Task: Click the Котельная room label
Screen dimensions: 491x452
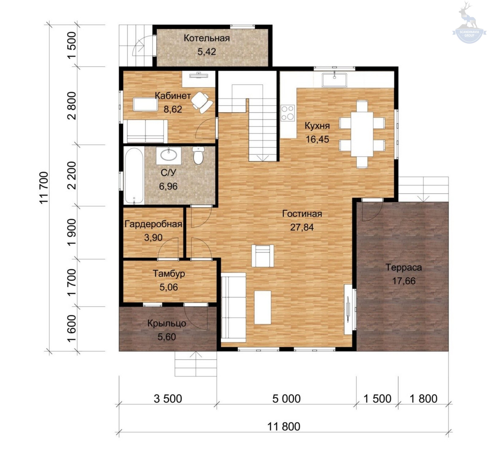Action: click(207, 38)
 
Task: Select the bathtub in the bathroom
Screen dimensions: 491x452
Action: click(134, 176)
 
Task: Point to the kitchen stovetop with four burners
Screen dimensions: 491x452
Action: click(288, 113)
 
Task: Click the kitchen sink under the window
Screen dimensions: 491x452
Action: click(334, 80)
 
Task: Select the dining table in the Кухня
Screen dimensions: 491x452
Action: click(362, 134)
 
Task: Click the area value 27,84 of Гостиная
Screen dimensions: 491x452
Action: click(302, 227)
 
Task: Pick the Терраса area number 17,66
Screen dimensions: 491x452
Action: click(404, 281)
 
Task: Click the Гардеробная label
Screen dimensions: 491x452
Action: click(153, 224)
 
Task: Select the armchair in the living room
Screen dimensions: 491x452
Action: click(263, 256)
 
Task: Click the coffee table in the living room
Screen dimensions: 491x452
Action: click(263, 307)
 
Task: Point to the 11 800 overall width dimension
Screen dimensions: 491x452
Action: click(284, 427)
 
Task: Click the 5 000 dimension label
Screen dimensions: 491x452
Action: click(286, 399)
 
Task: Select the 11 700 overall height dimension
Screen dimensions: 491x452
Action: click(44, 187)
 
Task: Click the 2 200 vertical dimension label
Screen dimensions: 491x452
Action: click(71, 176)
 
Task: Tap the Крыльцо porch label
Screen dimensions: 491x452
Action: click(167, 323)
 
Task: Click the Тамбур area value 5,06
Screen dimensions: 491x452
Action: click(169, 287)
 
